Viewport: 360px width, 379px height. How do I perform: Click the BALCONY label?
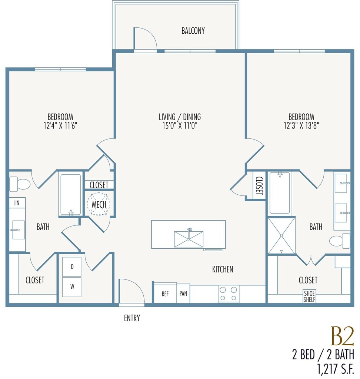(193, 31)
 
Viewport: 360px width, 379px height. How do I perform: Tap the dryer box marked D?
(72, 267)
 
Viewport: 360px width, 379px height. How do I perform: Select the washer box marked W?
(72, 287)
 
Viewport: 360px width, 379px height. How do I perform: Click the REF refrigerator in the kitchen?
(165, 293)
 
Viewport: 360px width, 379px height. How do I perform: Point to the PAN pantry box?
(183, 294)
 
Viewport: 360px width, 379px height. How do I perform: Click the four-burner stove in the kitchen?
(229, 294)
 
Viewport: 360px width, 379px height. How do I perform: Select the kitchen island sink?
(189, 239)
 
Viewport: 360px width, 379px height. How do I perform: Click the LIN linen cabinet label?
(16, 203)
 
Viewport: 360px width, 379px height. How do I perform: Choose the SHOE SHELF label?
(309, 296)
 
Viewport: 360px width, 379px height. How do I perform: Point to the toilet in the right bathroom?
(340, 241)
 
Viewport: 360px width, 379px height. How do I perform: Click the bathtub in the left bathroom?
(71, 195)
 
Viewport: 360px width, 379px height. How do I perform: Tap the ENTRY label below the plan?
(132, 318)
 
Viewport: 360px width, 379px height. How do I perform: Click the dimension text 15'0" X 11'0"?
(180, 126)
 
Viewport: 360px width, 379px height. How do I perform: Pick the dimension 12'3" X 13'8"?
(301, 126)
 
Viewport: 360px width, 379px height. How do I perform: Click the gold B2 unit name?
(342, 336)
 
